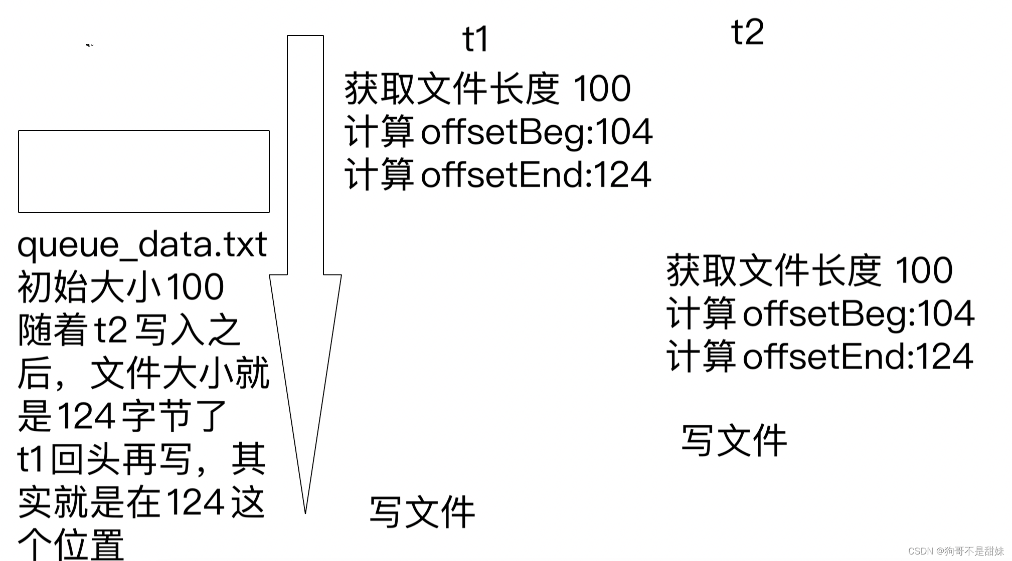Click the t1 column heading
(x=474, y=39)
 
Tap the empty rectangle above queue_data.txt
(x=144, y=171)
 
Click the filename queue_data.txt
(x=142, y=245)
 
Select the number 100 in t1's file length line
(x=601, y=89)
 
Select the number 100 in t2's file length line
(x=923, y=271)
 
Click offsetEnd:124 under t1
(x=536, y=175)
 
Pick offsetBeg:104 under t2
(x=858, y=314)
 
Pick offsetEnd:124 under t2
(x=858, y=357)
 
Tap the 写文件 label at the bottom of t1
(x=422, y=512)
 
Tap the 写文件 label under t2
(x=734, y=441)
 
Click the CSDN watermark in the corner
(x=955, y=551)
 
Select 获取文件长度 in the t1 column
(x=452, y=89)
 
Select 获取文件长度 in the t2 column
(x=774, y=271)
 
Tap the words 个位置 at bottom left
(x=71, y=545)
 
